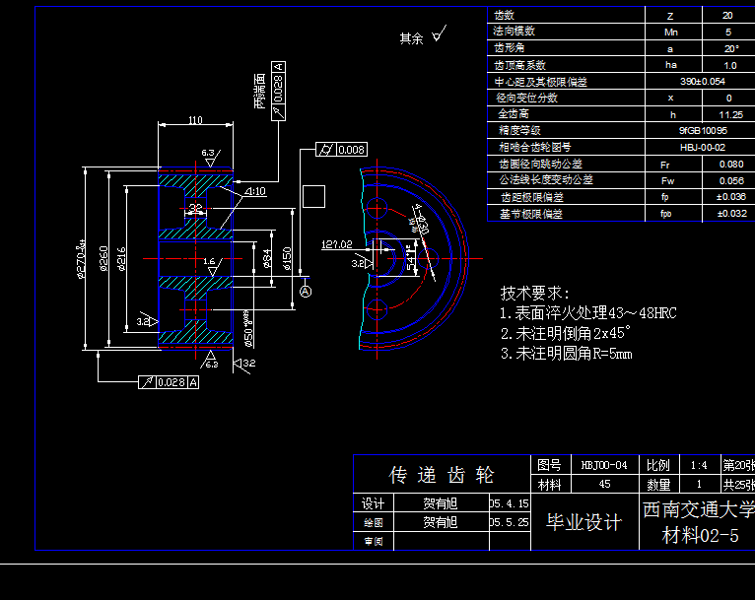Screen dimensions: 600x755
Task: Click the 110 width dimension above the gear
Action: point(194,120)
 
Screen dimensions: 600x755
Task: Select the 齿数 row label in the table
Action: point(505,16)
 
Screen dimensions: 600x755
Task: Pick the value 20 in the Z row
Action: point(728,16)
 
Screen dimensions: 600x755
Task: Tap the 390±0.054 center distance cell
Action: point(703,82)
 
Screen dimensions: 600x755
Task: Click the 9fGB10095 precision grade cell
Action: point(703,130)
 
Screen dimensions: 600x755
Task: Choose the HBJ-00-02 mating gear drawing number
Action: point(703,147)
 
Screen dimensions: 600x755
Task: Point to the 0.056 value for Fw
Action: point(730,180)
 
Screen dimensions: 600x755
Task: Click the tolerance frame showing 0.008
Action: point(341,150)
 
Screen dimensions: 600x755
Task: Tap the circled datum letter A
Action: point(306,292)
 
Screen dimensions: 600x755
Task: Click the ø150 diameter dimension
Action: point(287,257)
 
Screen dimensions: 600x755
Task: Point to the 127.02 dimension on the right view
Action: point(337,243)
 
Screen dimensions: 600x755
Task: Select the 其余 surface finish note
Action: point(411,38)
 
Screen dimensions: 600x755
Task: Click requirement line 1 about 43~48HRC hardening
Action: point(588,313)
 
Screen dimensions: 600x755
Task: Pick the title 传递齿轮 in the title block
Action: point(442,476)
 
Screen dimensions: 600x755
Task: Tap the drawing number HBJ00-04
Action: point(603,465)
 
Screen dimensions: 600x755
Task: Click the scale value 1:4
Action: point(699,465)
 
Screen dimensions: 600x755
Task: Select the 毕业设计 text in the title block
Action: point(583,522)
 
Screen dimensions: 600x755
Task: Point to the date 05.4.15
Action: point(510,503)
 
